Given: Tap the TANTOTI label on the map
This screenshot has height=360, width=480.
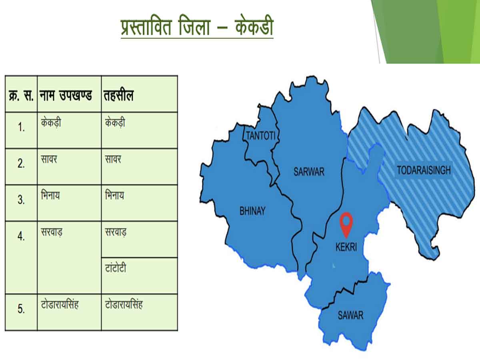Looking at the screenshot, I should click(x=261, y=136).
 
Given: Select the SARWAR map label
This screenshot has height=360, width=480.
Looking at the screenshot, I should click(x=309, y=172).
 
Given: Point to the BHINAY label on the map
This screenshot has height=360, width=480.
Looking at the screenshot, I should click(x=252, y=211).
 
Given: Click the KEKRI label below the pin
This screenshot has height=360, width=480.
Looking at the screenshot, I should click(x=346, y=248).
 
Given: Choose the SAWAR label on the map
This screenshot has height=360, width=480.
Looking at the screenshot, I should click(x=350, y=315).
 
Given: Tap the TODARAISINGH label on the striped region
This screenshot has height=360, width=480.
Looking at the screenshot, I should click(x=424, y=170).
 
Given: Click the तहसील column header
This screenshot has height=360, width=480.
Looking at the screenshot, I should click(x=119, y=96).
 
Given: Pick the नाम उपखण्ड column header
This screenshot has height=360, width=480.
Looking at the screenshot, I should click(x=66, y=96).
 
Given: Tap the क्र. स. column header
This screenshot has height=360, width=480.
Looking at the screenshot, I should click(x=21, y=96).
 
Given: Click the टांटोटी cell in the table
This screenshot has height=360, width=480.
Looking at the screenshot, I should click(x=115, y=268).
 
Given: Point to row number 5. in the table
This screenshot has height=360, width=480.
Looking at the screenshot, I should click(x=21, y=309).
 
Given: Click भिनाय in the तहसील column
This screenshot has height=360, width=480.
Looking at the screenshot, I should click(x=114, y=196).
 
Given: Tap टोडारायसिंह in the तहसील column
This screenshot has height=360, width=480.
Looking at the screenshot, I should click(x=124, y=304).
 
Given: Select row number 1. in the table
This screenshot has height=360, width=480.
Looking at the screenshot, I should click(x=21, y=128).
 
